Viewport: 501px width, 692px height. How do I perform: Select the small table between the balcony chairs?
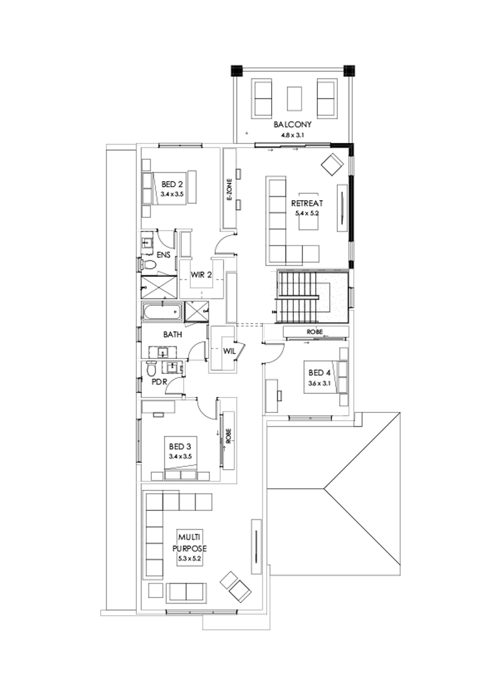294,99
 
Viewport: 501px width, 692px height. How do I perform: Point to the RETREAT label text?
307,203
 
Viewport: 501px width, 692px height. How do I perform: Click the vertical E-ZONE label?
229,190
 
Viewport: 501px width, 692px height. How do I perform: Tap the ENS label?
164,255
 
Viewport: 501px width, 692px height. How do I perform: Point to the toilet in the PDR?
151,368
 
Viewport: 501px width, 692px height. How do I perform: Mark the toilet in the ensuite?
148,265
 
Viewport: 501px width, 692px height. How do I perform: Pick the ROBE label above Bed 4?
315,332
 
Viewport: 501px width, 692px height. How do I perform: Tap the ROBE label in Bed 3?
228,437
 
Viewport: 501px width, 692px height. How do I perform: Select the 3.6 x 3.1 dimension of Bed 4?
320,384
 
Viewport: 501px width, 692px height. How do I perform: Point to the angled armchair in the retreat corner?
332,165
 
